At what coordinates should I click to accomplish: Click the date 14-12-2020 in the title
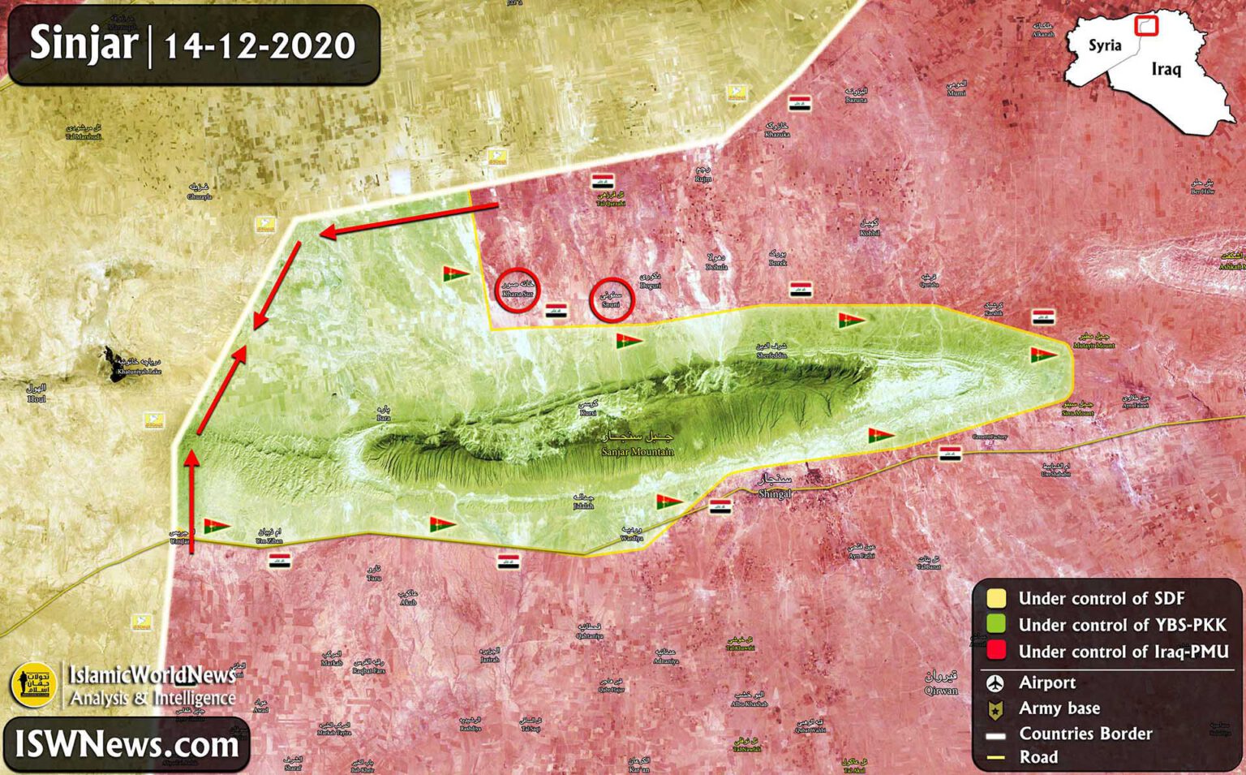pos(260,45)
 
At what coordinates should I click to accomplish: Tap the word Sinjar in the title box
pos(84,43)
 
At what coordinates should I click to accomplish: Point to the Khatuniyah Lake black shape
pos(110,363)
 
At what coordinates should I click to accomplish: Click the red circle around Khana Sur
pos(518,290)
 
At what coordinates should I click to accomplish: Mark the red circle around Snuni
pos(612,299)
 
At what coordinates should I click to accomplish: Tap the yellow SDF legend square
pos(995,598)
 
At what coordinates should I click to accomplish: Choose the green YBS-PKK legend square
pos(995,624)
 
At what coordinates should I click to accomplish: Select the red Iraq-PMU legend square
pos(995,650)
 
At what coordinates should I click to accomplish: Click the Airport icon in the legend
pos(995,683)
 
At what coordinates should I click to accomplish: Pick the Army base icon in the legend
pos(995,710)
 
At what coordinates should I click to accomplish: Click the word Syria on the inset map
pos(1104,45)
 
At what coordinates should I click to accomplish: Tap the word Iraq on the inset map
pos(1166,69)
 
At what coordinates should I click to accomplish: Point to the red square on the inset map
pos(1145,26)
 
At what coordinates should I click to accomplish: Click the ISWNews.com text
pos(127,744)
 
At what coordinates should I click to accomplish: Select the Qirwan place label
pos(941,682)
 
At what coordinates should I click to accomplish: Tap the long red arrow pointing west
pos(409,220)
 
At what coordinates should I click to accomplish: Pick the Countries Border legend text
pos(1085,734)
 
